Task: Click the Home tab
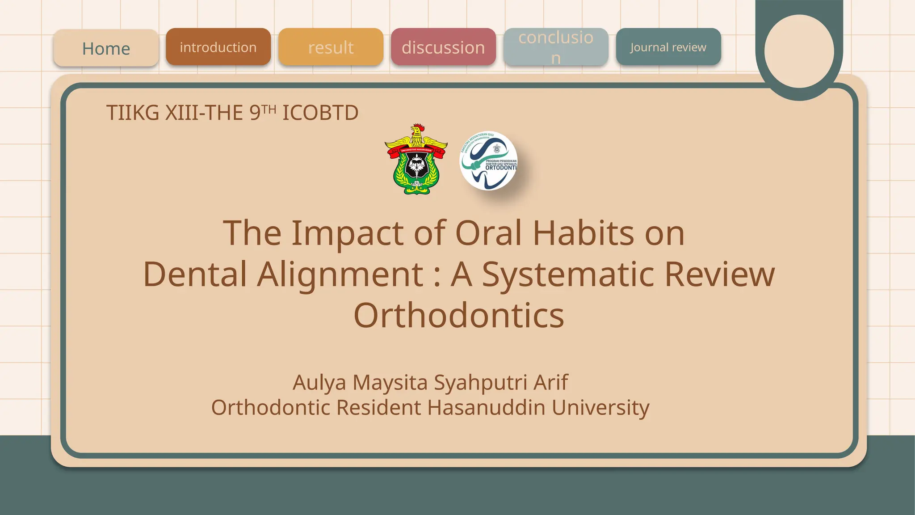click(x=106, y=48)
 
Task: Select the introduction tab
click(x=218, y=47)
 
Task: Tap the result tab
click(x=331, y=47)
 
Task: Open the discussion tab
click(x=443, y=47)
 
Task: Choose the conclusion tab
click(x=556, y=47)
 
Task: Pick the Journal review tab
click(x=668, y=47)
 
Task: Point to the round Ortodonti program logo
click(x=489, y=161)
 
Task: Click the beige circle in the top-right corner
click(x=799, y=51)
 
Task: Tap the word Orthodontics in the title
click(x=459, y=315)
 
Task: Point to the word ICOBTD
click(x=320, y=113)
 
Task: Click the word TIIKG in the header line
click(x=133, y=113)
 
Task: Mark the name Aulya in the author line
click(x=319, y=382)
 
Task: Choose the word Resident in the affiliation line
click(x=378, y=407)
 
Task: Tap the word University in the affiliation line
click(x=600, y=407)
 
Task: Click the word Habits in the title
click(x=583, y=233)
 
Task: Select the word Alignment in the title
click(x=340, y=274)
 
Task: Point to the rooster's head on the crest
click(x=417, y=130)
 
